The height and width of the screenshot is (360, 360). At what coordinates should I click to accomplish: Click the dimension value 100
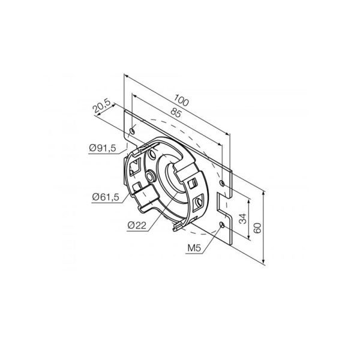point(181,100)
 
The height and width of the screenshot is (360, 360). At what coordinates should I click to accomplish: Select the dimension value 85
point(176,113)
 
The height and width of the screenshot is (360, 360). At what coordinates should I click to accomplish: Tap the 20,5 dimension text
point(102,106)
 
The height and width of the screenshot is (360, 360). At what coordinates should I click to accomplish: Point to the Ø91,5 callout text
point(103,148)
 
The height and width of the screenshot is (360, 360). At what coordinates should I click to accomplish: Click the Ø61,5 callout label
point(106,197)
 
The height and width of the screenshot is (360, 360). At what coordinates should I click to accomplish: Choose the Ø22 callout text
point(137,226)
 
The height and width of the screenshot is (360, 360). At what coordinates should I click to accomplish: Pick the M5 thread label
point(194,248)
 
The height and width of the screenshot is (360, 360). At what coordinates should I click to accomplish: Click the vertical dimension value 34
point(243,218)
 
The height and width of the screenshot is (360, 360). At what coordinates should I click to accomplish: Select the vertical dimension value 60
point(257,228)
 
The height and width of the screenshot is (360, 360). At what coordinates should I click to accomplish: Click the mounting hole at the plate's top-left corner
point(133,131)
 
